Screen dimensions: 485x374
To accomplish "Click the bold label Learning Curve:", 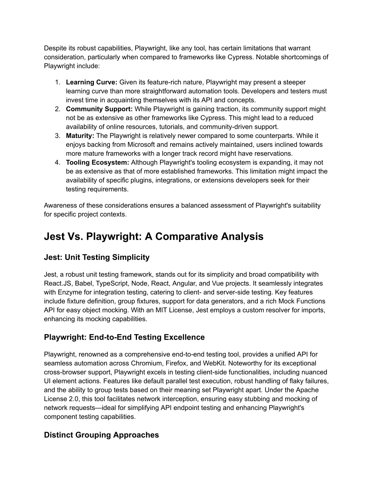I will (91, 82).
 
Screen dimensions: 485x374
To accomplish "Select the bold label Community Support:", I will (99, 109).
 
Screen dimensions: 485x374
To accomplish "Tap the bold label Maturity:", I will (80, 136).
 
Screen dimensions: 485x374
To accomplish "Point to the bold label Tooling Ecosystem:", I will (98, 163).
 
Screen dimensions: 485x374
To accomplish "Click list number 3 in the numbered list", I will (57, 136).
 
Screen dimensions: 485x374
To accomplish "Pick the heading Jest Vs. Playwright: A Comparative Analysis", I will (153, 236).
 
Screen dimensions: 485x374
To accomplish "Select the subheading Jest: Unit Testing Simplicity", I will (97, 257).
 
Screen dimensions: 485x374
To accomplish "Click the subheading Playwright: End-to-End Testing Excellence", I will (124, 337).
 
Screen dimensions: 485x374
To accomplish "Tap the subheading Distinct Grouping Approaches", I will (101, 435).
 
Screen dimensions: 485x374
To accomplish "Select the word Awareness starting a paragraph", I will (60, 205).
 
